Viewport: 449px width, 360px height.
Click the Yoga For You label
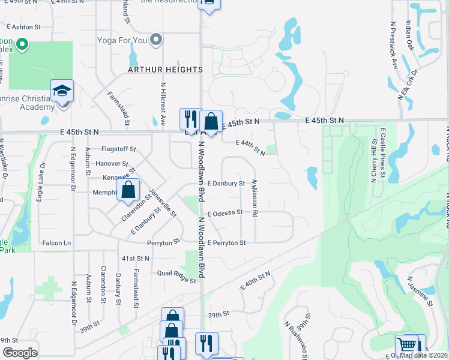(122, 40)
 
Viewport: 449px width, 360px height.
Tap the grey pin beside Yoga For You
(157, 40)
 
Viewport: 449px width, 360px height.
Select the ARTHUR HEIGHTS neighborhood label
(166, 70)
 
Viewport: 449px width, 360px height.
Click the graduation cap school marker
(62, 91)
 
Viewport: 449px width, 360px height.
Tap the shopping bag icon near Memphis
(129, 191)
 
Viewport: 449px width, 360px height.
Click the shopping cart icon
(406, 346)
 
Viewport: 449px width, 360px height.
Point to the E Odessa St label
(225, 212)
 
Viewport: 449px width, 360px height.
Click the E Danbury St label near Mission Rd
(226, 183)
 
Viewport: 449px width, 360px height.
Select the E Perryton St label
(226, 242)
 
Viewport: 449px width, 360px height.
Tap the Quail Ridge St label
(177, 277)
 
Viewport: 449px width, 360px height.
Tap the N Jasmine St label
(420, 291)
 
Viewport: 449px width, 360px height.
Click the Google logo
(20, 353)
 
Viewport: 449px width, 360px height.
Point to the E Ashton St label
(23, 27)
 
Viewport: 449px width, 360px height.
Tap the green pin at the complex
(22, 44)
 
